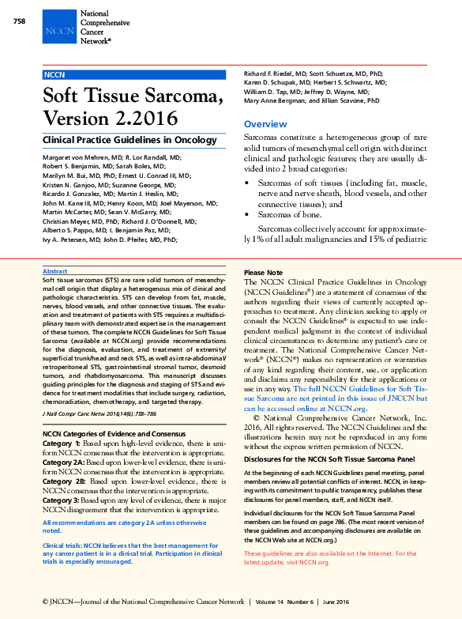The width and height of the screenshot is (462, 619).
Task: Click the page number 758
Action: [21, 21]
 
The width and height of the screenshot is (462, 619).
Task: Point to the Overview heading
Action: [265, 125]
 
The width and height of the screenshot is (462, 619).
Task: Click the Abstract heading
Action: [54, 271]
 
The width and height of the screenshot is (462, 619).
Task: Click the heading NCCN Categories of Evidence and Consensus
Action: [114, 435]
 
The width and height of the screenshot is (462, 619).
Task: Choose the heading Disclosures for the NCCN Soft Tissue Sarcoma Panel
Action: [329, 459]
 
